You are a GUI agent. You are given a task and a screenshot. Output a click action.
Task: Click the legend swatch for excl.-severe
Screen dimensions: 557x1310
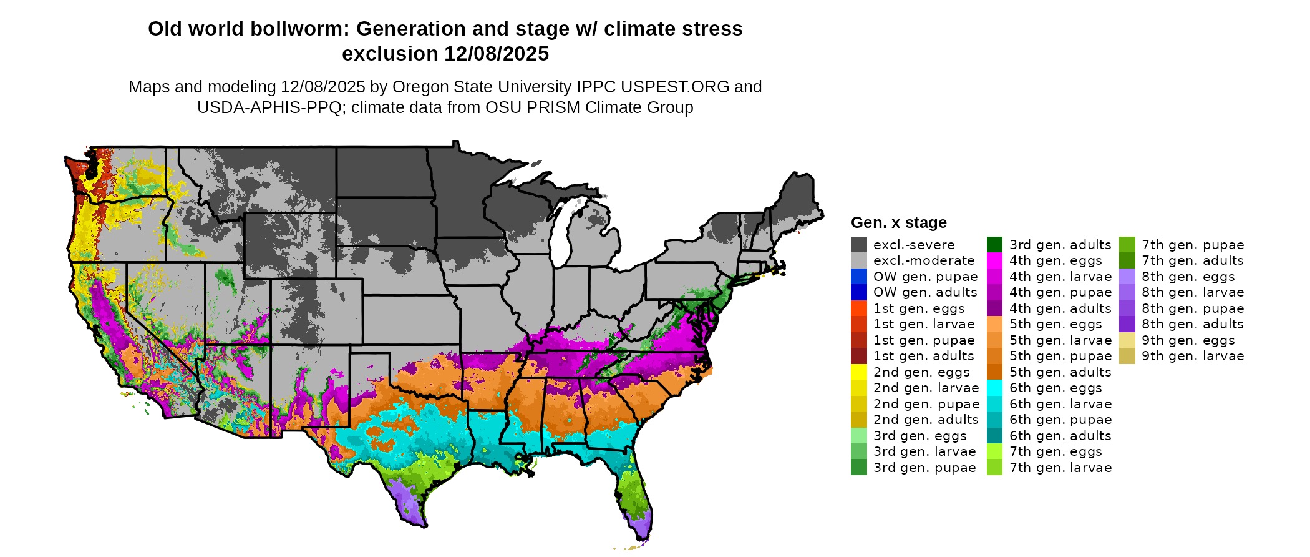coord(858,245)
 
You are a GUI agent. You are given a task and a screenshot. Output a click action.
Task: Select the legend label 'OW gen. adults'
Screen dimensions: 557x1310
coord(925,292)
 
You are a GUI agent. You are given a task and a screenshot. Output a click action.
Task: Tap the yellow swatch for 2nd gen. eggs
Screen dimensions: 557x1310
coord(858,372)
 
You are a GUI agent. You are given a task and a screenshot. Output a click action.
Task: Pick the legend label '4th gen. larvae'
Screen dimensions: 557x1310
coord(1060,277)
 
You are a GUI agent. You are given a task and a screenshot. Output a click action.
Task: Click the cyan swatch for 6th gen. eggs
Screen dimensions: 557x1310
coord(994,388)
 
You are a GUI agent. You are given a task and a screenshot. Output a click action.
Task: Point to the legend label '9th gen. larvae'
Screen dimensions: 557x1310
coord(1193,356)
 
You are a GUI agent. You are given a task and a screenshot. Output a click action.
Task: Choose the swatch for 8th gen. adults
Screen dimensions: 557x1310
coord(1127,324)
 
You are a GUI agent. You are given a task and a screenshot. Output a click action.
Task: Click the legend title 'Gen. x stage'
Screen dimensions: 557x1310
coord(898,223)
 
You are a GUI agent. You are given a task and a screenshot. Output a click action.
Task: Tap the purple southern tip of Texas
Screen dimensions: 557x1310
coord(411,509)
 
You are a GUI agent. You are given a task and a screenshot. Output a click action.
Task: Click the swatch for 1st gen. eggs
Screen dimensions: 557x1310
coord(858,308)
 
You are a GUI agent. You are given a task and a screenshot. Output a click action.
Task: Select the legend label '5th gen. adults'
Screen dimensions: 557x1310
coord(1060,372)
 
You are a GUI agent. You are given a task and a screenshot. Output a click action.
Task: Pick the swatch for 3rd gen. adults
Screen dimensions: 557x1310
coord(994,245)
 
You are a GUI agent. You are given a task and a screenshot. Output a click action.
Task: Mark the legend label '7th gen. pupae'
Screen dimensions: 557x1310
coord(1193,245)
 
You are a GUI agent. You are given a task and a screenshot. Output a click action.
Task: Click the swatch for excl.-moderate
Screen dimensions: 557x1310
coord(858,260)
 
